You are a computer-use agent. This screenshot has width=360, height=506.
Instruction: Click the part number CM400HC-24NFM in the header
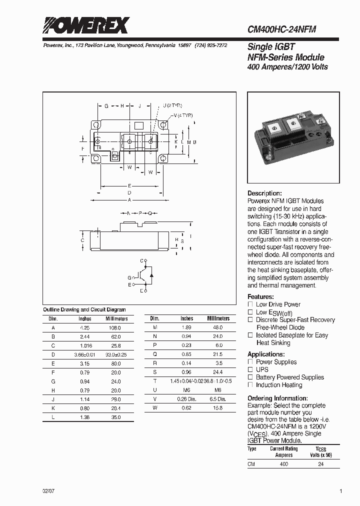(281, 29)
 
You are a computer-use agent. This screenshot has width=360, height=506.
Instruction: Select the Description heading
(264, 193)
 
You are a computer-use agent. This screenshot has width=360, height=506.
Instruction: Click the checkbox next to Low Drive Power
(250, 304)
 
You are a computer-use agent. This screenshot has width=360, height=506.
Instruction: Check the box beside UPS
(250, 369)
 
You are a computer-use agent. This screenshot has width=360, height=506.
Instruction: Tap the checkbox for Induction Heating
(250, 385)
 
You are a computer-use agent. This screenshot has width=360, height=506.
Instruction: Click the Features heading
(260, 296)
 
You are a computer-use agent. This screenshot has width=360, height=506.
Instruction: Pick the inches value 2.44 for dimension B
(85, 337)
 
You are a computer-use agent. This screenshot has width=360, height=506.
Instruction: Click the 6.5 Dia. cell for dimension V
(218, 399)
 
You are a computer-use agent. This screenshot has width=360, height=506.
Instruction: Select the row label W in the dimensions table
(155, 408)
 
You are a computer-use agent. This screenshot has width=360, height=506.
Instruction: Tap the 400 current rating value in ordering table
(283, 464)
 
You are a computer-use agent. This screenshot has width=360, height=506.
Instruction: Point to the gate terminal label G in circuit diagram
(129, 277)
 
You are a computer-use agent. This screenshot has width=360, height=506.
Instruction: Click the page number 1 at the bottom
(341, 491)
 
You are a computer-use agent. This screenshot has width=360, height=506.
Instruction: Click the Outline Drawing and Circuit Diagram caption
(84, 310)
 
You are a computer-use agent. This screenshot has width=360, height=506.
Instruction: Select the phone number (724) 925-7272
(211, 45)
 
